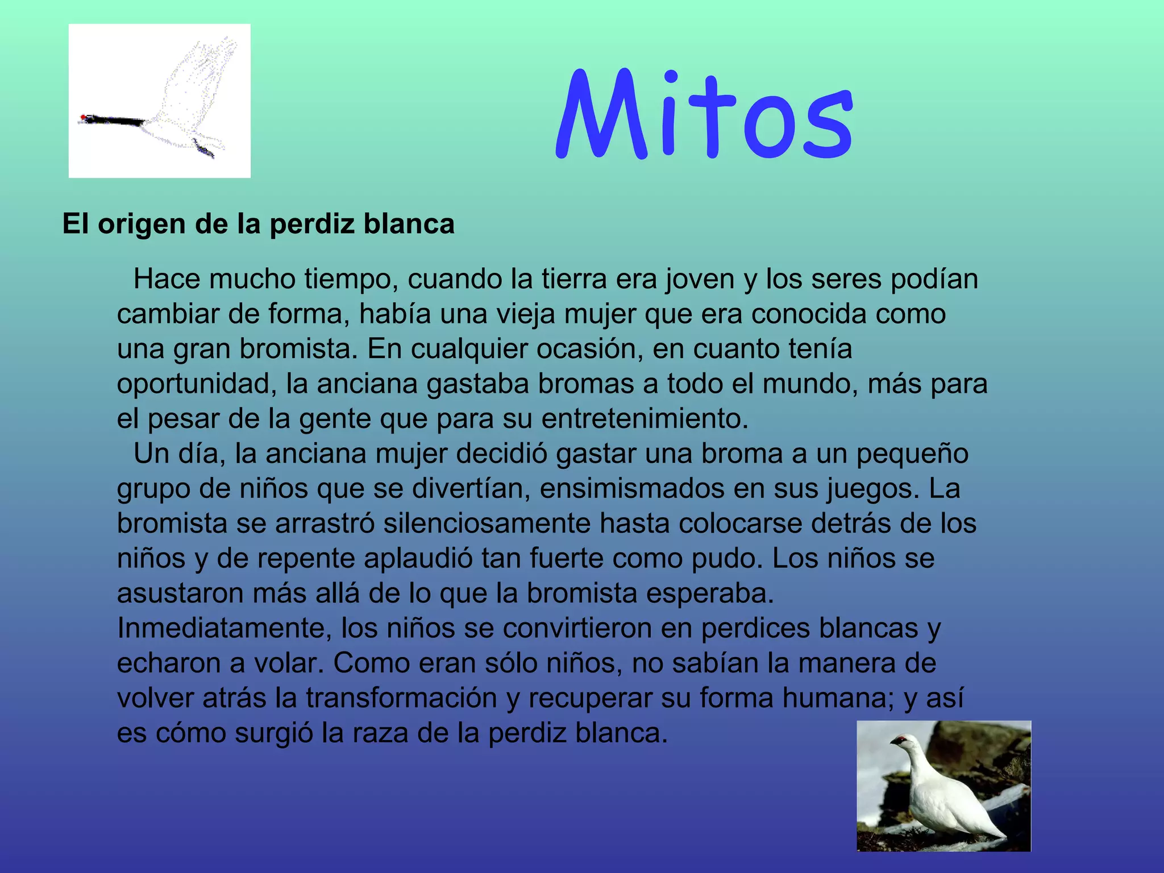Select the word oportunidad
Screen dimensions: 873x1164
pyautogui.click(x=197, y=384)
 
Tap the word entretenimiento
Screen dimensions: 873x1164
pyautogui.click(x=645, y=419)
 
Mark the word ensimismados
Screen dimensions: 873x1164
pyautogui.click(x=632, y=489)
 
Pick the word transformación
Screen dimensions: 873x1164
pyautogui.click(x=401, y=698)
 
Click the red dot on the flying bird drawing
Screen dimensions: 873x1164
pyautogui.click(x=83, y=117)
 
